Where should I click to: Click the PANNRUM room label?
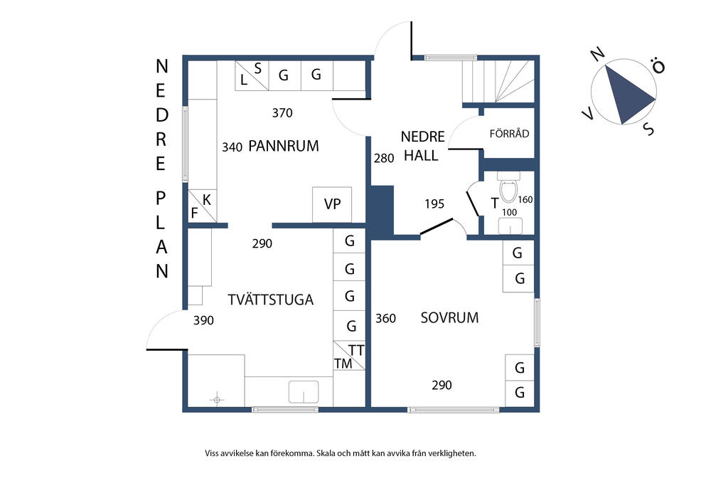(x=284, y=147)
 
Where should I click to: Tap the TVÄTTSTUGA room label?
(x=270, y=300)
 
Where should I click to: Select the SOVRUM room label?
(x=449, y=318)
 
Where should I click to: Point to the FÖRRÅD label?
(x=509, y=134)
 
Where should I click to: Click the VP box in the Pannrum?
(x=332, y=204)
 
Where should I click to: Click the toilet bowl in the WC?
(x=508, y=191)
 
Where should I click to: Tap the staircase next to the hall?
(x=498, y=80)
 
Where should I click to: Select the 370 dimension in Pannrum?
(x=282, y=112)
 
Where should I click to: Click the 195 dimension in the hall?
(x=434, y=204)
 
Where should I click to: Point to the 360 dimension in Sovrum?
(x=385, y=318)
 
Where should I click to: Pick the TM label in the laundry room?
(x=343, y=364)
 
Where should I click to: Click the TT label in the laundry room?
(x=356, y=350)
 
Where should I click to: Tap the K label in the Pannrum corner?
(x=207, y=199)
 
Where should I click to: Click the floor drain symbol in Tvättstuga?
(x=217, y=399)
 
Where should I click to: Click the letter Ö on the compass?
(x=659, y=67)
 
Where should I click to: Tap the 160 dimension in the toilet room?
(x=525, y=200)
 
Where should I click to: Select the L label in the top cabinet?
(x=244, y=80)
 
